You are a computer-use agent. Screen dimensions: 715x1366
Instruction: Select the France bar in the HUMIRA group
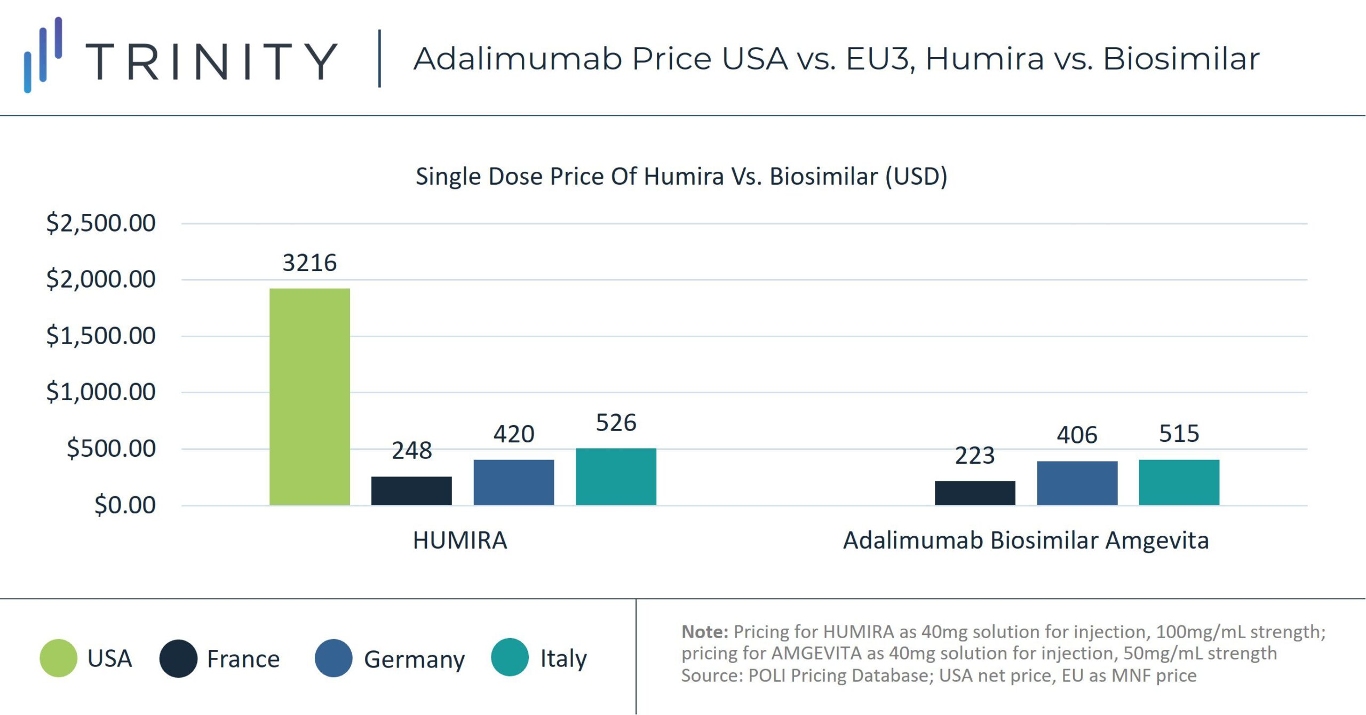point(411,490)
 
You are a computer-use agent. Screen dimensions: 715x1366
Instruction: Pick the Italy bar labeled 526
point(616,476)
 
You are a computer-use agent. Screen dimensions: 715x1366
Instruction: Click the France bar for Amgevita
point(975,492)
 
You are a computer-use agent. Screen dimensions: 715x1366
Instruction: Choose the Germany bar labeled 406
point(1077,483)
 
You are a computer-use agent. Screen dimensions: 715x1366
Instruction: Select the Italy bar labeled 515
point(1179,482)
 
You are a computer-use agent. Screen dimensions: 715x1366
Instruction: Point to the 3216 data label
point(309,263)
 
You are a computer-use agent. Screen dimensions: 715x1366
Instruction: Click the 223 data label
point(975,456)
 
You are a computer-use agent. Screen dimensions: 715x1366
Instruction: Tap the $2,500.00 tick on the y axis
point(101,223)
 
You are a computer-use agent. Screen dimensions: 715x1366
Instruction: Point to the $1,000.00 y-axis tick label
point(101,392)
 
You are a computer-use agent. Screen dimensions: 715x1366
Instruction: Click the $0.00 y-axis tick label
point(125,505)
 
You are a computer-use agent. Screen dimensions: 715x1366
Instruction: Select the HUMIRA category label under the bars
point(460,541)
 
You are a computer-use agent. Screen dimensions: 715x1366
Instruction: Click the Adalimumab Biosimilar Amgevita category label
point(1026,541)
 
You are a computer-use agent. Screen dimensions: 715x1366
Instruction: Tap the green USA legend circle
point(59,658)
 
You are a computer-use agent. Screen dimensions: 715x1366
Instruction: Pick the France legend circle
point(178,658)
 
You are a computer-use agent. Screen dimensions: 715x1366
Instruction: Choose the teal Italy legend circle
point(510,657)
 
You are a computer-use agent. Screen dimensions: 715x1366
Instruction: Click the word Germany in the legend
point(414,660)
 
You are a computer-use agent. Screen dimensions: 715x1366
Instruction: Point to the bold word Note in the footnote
point(704,632)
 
